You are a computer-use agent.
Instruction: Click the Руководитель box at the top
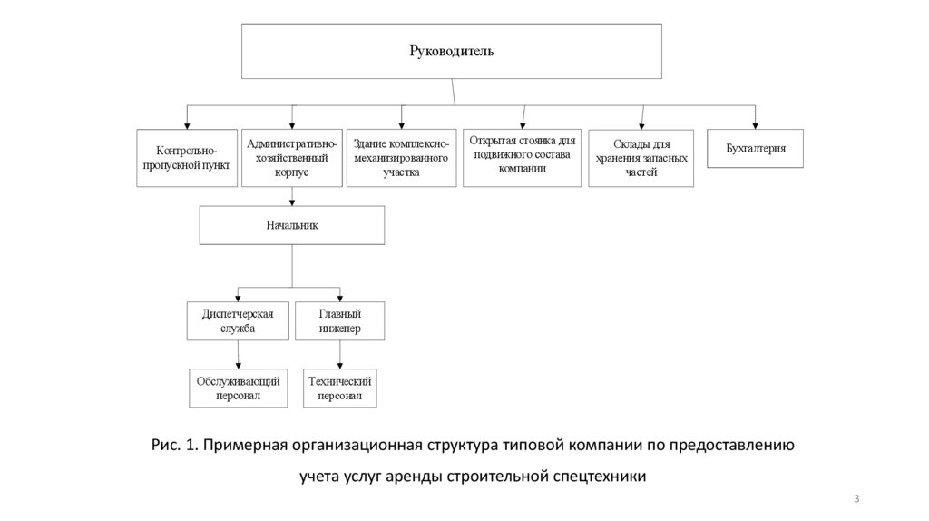(450, 51)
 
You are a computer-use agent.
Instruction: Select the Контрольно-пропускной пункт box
(188, 158)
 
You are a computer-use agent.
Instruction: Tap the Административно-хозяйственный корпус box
(291, 157)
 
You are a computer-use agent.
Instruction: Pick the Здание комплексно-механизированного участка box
(401, 158)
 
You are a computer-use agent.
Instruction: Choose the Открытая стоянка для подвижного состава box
(522, 156)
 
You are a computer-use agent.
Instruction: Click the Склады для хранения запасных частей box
(641, 158)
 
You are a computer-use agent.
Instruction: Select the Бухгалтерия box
(755, 148)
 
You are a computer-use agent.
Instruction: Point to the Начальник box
(292, 224)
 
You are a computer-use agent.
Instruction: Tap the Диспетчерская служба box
(238, 320)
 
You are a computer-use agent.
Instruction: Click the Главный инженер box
(340, 320)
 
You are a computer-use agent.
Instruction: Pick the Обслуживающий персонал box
(238, 388)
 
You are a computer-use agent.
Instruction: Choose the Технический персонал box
(340, 388)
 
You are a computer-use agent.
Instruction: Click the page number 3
(856, 499)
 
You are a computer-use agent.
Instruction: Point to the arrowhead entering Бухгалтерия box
(755, 125)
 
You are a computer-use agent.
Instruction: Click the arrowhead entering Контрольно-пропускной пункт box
(187, 126)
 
